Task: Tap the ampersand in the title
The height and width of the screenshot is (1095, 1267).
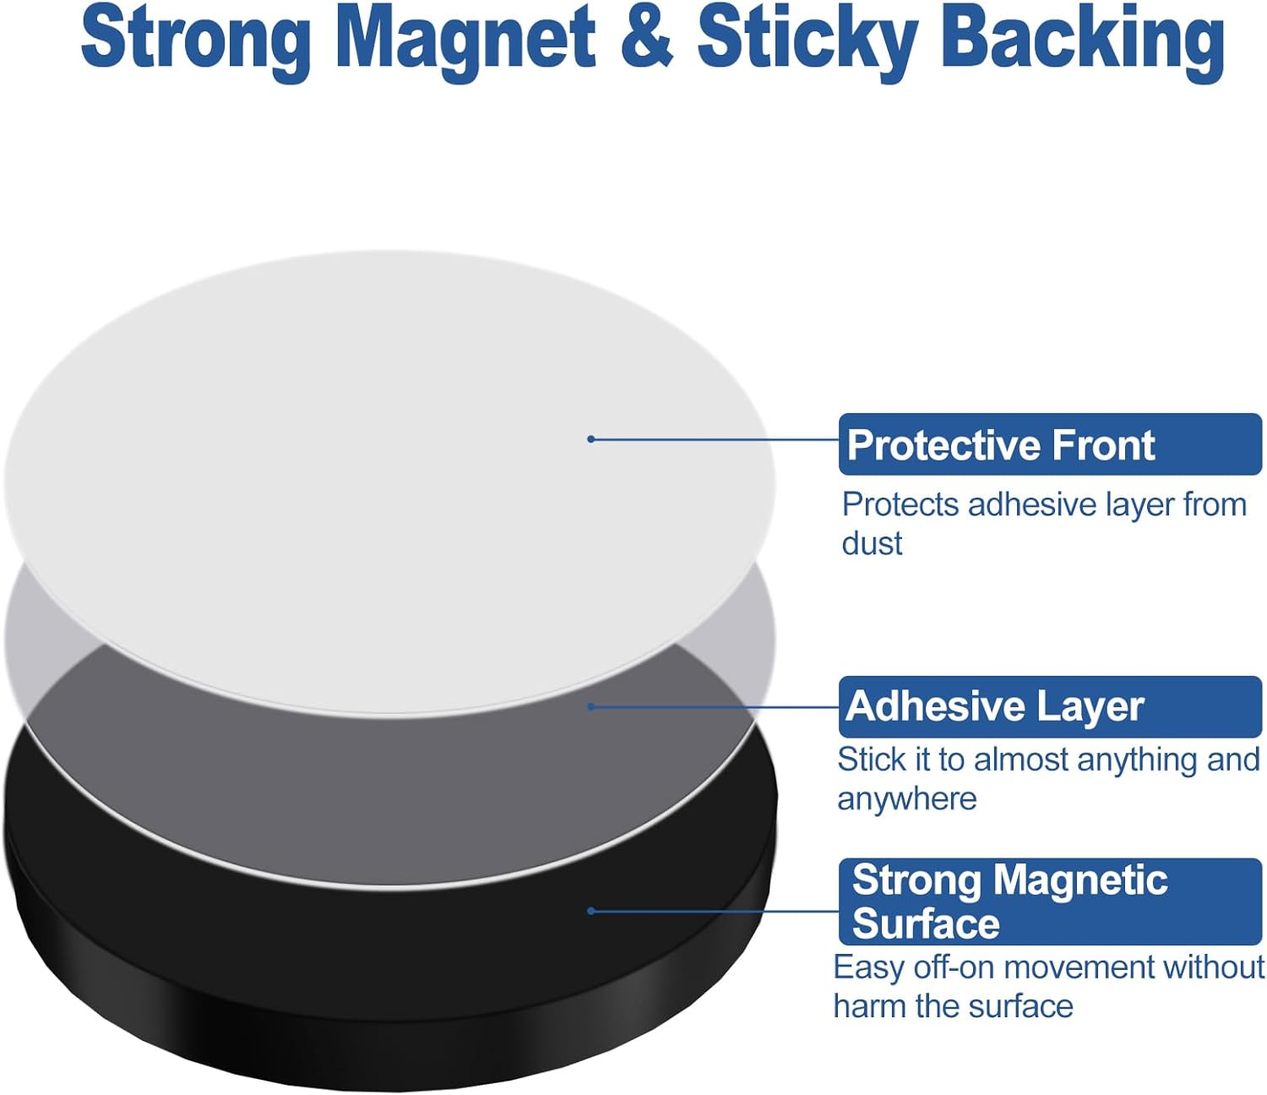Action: click(x=647, y=38)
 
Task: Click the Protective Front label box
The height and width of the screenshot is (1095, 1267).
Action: click(x=1050, y=444)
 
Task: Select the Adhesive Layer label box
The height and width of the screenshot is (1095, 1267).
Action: click(x=1050, y=706)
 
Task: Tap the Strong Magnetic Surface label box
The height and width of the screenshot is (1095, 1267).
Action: click(x=1050, y=902)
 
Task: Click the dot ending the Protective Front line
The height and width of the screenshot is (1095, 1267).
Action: click(x=591, y=439)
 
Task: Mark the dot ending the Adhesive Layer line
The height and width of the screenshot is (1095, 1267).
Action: click(x=591, y=707)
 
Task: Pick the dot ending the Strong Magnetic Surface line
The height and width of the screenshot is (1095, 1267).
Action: click(x=591, y=911)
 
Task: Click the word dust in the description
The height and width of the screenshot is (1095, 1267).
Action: click(x=872, y=543)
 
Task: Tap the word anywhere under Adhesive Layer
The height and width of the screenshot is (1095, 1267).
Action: click(x=907, y=799)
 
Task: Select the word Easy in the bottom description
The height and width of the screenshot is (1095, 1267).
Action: click(x=869, y=969)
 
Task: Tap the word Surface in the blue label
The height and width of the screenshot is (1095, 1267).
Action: click(x=927, y=923)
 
